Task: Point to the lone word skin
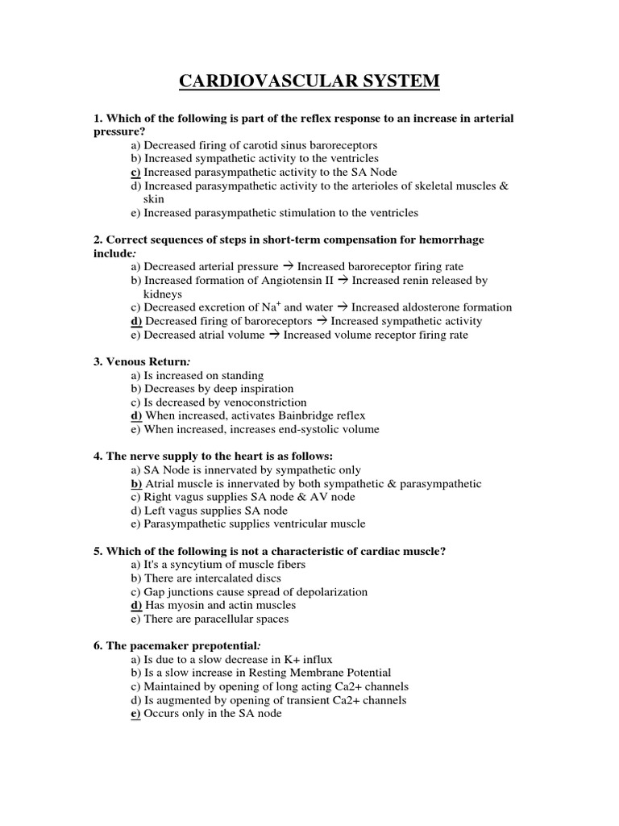(153, 199)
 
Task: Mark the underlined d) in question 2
(135, 321)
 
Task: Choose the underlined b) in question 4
(135, 484)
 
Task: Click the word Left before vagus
(156, 511)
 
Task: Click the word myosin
(183, 606)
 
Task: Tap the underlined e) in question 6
(135, 714)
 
